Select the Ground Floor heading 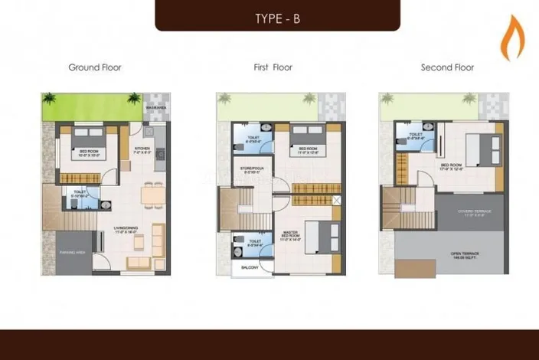pyautogui.click(x=95, y=67)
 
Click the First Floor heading pyautogui.click(x=273, y=67)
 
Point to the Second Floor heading pyautogui.click(x=447, y=67)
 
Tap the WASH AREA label pyautogui.click(x=157, y=109)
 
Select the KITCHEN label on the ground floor pyautogui.click(x=142, y=149)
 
